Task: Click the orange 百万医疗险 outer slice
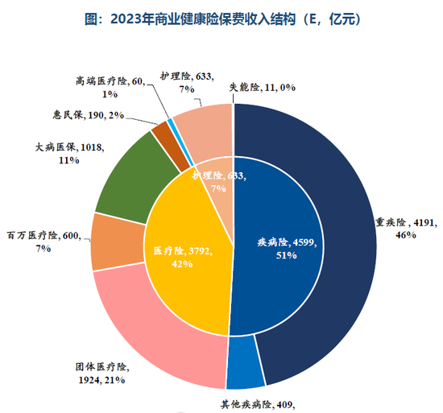coord(108,242)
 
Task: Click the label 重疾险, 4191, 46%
coord(403,228)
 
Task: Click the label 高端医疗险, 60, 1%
coord(110,86)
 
